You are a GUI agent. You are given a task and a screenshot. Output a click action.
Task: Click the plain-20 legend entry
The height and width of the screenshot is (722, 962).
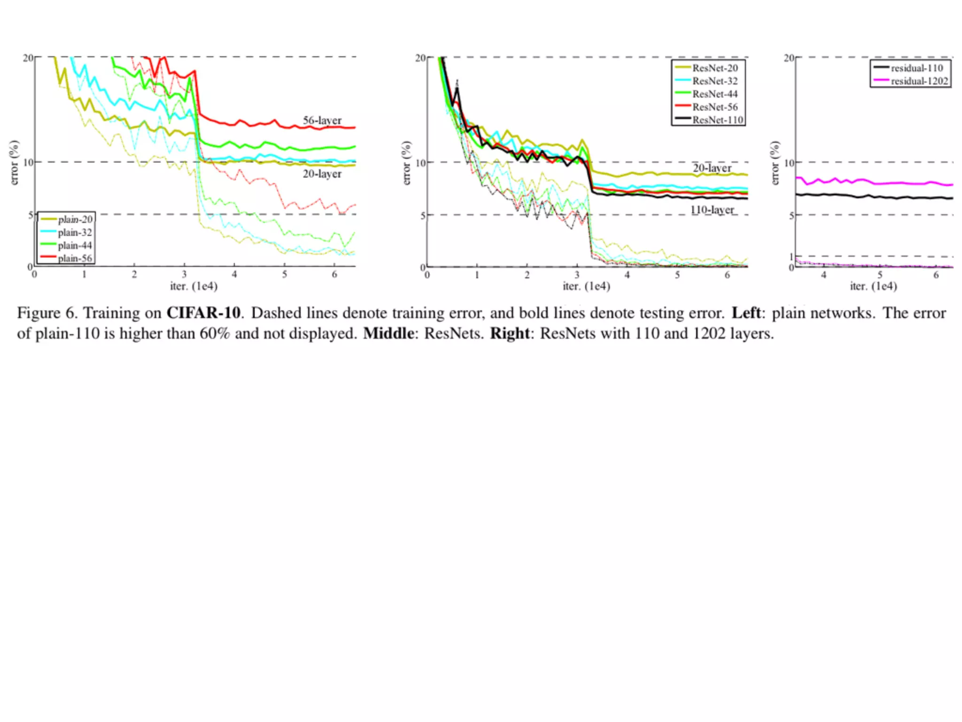[75, 220]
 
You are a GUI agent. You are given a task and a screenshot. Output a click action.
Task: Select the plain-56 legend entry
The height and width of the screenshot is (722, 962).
[75, 258]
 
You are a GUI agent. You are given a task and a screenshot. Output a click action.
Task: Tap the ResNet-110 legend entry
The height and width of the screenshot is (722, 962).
[717, 120]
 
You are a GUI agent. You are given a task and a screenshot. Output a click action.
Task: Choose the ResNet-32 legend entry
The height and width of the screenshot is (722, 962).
[714, 81]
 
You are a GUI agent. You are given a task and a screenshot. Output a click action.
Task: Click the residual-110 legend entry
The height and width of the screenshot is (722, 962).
[916, 68]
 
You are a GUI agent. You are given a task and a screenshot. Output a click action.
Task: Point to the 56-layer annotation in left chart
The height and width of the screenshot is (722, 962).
[322, 120]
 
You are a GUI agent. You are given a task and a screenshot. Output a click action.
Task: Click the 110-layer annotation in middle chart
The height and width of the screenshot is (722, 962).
[712, 210]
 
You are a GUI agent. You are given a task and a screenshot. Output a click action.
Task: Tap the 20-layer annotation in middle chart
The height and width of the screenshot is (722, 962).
[712, 168]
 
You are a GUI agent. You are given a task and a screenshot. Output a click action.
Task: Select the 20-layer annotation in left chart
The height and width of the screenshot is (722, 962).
[322, 174]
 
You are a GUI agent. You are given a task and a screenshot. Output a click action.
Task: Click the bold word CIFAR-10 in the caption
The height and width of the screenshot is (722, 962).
[203, 313]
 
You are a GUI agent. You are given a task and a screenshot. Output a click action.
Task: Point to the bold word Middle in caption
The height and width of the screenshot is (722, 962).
[388, 333]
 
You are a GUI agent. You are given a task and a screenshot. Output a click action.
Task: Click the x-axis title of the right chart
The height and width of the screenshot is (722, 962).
[873, 286]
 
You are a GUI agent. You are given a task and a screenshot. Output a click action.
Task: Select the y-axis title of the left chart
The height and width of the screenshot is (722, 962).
[15, 162]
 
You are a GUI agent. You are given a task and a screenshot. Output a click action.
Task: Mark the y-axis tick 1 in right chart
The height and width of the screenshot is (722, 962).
[791, 257]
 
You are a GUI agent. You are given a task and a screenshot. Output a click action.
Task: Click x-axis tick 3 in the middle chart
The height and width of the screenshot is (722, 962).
[577, 275]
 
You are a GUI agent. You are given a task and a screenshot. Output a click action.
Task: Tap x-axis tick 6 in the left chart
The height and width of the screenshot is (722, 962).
[334, 275]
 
